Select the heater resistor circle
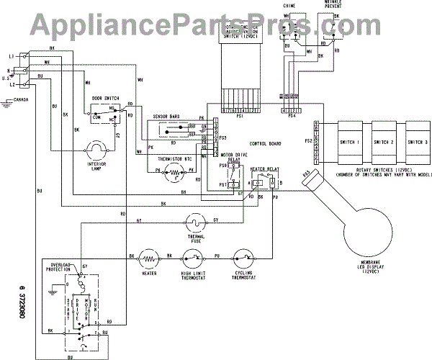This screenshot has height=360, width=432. click(x=150, y=256)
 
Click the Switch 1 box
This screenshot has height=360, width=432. click(x=349, y=143)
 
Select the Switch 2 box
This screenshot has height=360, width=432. click(x=382, y=143)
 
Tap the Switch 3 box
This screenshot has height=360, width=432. click(x=415, y=143)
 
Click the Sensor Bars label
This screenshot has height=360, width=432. click(x=166, y=115)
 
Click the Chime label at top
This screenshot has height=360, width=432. click(x=290, y=5)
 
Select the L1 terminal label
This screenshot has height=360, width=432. click(x=12, y=55)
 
